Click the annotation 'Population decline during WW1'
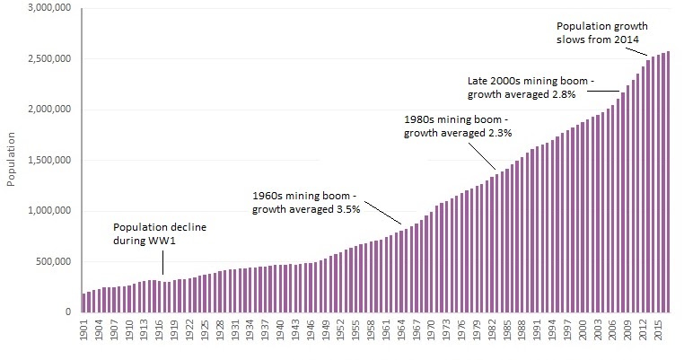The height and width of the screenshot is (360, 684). click(160, 234)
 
